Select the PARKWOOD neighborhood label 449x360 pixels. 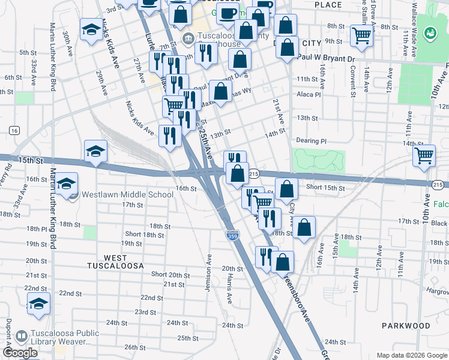[x=406, y=326]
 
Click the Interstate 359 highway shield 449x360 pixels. [x=232, y=237]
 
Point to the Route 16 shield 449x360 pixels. [x=14, y=130]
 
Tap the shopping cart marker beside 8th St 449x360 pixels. [x=361, y=35]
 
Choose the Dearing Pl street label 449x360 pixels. [x=311, y=141]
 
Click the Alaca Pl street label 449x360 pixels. [x=309, y=94]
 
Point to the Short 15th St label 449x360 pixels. [x=325, y=188]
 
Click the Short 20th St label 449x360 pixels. [x=170, y=275]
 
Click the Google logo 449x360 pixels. [x=19, y=353]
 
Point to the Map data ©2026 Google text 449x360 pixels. [x=411, y=355]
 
